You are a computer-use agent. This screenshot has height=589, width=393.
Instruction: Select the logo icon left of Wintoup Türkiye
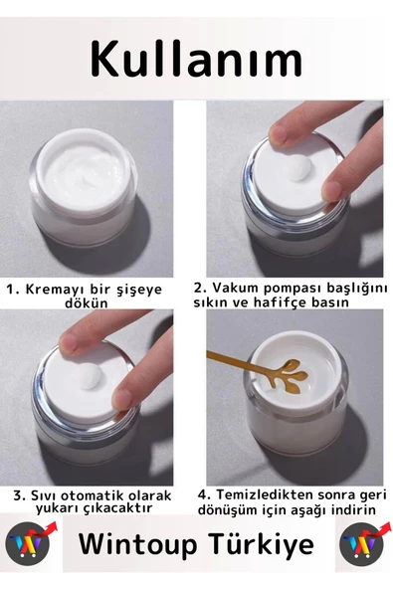(x=27, y=544)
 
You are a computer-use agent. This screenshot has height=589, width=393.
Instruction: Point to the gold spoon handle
(x=235, y=361)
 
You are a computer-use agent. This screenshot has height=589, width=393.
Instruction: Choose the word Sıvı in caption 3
(x=44, y=495)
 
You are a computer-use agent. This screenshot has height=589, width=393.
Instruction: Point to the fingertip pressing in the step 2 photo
(x=278, y=147)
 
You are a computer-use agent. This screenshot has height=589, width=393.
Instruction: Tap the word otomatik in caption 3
(x=97, y=495)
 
